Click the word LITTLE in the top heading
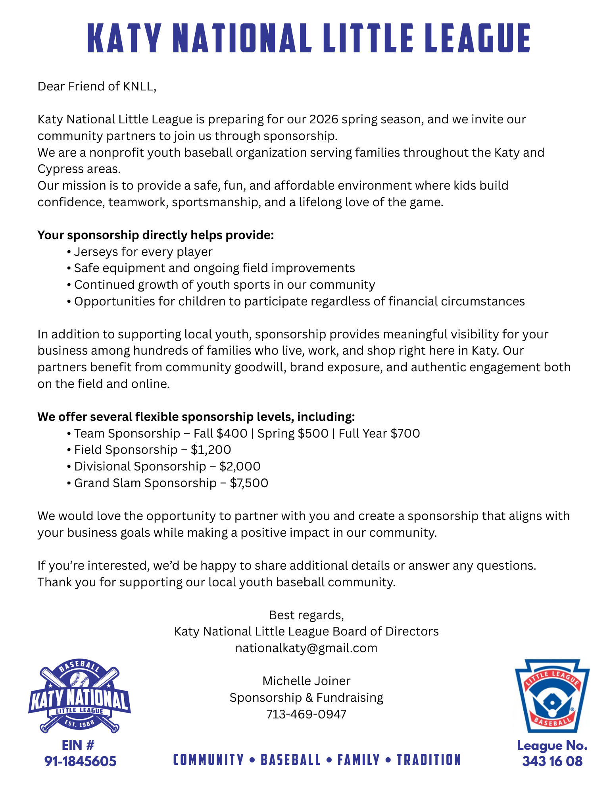(x=359, y=38)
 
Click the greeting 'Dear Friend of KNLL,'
(x=97, y=86)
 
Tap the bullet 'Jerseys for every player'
(x=143, y=252)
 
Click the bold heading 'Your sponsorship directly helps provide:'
(x=156, y=235)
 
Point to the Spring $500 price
(x=293, y=433)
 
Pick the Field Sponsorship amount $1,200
(x=211, y=449)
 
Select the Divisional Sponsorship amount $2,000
(x=240, y=466)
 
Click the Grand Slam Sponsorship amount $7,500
(x=249, y=483)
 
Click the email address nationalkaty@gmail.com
(x=306, y=648)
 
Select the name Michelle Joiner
(x=306, y=681)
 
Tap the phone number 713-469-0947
(x=306, y=714)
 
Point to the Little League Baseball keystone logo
(x=552, y=695)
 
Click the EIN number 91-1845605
(x=80, y=761)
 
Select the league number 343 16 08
(x=552, y=761)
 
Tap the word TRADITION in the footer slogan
(x=429, y=760)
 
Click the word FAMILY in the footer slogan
(x=358, y=760)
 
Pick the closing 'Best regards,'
(x=306, y=615)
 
